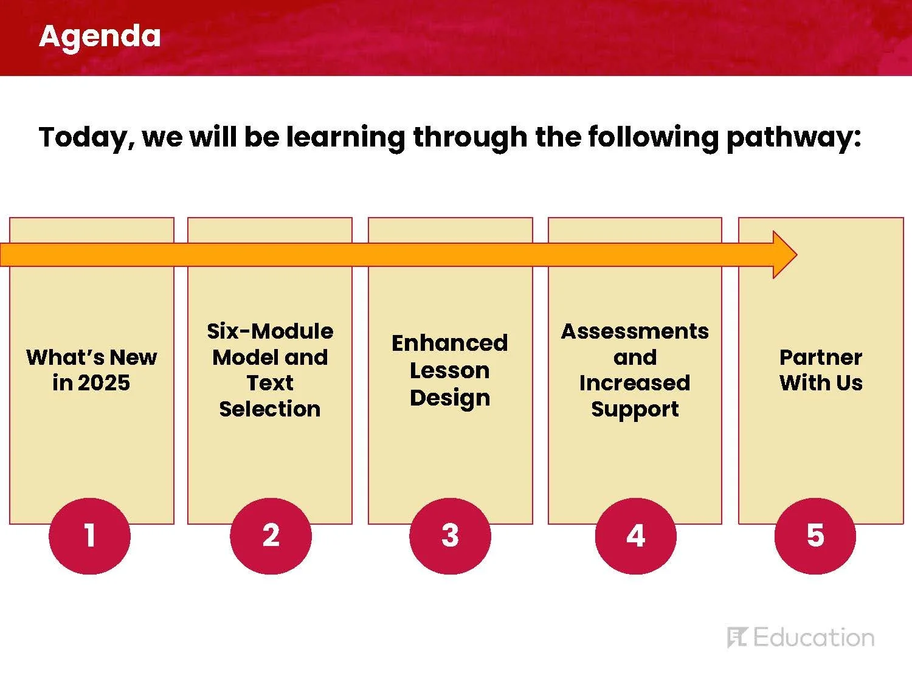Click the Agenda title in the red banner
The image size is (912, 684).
100,37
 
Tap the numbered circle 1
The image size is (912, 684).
90,536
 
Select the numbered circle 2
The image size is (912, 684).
271,536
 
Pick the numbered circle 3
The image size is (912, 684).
450,536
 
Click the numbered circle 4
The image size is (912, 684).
636,536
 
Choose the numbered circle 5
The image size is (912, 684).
815,536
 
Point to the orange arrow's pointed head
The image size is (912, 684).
796,255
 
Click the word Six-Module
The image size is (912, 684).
270,331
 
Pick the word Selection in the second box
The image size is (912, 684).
270,409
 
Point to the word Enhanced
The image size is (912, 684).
450,343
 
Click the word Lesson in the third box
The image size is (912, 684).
450,370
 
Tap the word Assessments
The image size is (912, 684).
635,331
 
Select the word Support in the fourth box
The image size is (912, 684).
635,410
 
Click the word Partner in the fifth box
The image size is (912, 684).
821,357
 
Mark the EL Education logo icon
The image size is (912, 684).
738,637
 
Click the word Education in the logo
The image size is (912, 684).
814,637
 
